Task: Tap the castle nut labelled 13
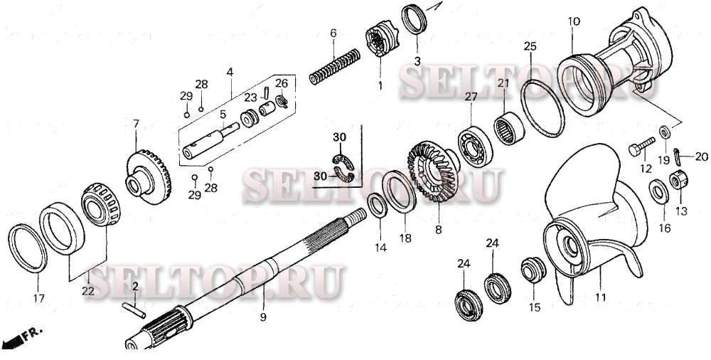coord(678,181)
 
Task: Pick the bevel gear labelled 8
coord(432,175)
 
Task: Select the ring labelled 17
coord(28,248)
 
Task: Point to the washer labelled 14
coord(378,206)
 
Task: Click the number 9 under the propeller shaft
coord(262,317)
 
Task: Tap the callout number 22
coord(87,290)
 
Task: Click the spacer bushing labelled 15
coord(533,270)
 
